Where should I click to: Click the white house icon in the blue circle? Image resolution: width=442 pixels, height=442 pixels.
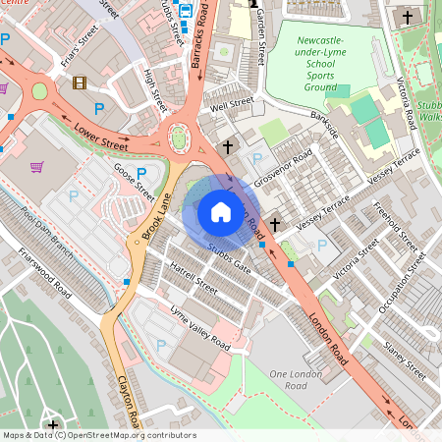(x=221, y=211)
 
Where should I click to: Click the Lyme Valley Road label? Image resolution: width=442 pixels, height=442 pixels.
(x=199, y=329)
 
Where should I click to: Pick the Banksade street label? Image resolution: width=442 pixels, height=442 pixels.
(x=324, y=125)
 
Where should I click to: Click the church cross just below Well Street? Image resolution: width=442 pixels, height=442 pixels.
(x=228, y=146)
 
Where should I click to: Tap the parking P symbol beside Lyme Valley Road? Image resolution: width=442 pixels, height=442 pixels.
(x=160, y=345)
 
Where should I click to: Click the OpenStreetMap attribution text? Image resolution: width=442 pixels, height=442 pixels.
(x=99, y=435)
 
